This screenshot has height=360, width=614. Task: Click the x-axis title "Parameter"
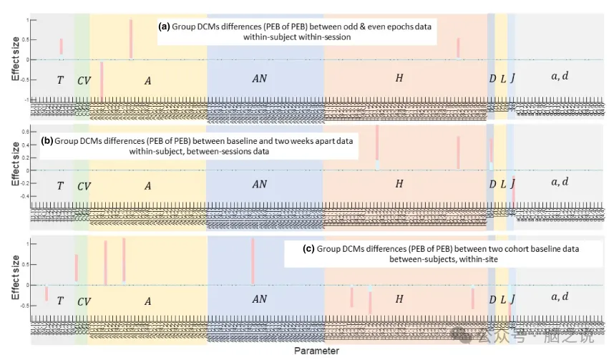coord(316,351)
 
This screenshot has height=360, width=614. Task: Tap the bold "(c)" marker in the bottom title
coord(308,249)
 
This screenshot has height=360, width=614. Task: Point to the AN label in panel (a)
coord(259,79)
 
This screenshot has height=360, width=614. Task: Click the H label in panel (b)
coord(399,184)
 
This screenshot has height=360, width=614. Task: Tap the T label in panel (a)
coord(60,79)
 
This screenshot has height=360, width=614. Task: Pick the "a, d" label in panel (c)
coord(560,296)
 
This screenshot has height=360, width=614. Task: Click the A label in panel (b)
coord(147,185)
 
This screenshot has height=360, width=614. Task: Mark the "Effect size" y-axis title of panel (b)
coord(15,164)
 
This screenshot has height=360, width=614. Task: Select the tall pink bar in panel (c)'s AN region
coord(253,261)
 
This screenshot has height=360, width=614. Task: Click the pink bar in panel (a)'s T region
coord(62,46)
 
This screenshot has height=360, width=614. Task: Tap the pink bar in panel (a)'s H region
coord(458,48)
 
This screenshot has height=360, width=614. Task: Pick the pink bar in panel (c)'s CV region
coord(77,267)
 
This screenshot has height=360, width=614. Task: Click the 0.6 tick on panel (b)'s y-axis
coord(24,132)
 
